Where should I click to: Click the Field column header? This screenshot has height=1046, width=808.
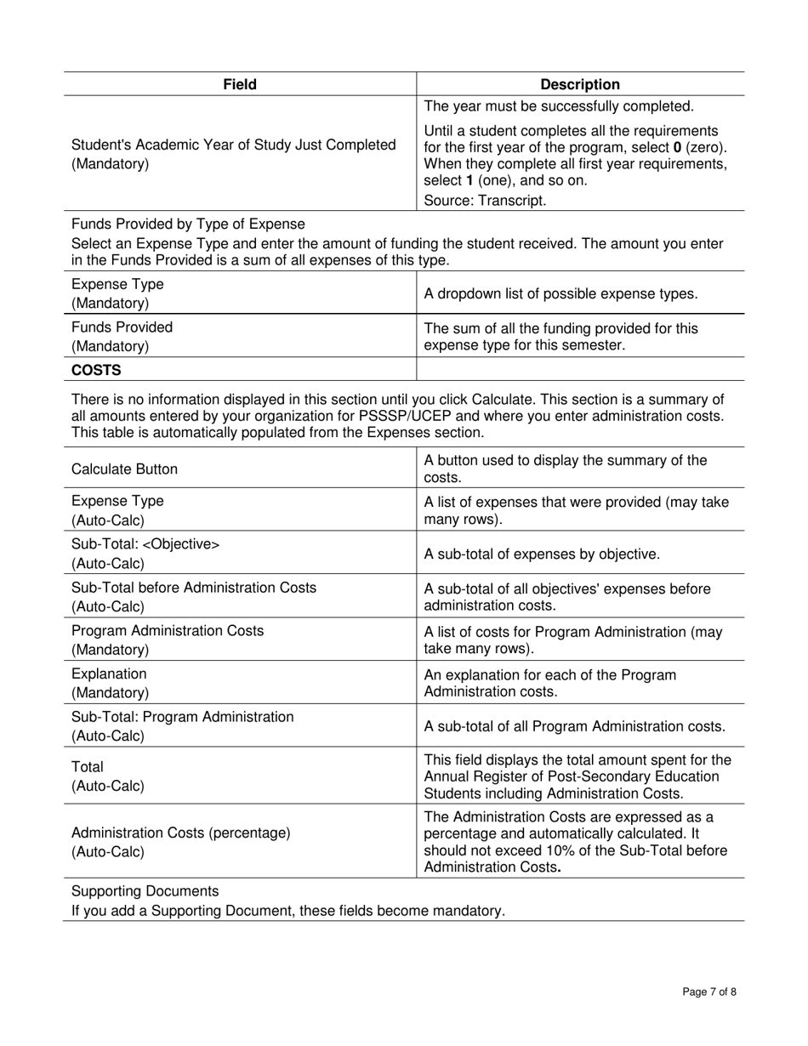pos(239,84)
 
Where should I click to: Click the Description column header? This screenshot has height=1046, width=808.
pos(580,84)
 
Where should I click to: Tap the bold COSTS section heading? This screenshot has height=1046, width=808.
pos(96,370)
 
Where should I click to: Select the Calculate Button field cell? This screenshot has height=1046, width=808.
pos(125,469)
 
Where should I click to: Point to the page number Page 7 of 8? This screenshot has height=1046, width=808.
pos(709,992)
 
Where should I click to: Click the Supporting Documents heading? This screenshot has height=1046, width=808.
pos(145,890)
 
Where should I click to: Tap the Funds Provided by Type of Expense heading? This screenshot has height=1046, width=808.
pos(188,224)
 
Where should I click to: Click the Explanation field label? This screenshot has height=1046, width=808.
pos(109,674)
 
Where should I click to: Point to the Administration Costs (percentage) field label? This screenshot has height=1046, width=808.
pos(180,833)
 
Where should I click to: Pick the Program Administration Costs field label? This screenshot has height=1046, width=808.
pos(168,631)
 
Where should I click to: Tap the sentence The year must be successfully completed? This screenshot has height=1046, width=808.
pos(558,106)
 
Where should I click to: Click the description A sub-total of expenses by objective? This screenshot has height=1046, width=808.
pos(542,554)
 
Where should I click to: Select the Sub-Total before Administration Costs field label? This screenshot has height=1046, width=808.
pos(194,588)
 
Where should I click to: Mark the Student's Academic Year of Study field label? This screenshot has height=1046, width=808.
pos(233,145)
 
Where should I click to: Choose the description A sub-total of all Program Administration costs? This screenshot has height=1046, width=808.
pos(574,726)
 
